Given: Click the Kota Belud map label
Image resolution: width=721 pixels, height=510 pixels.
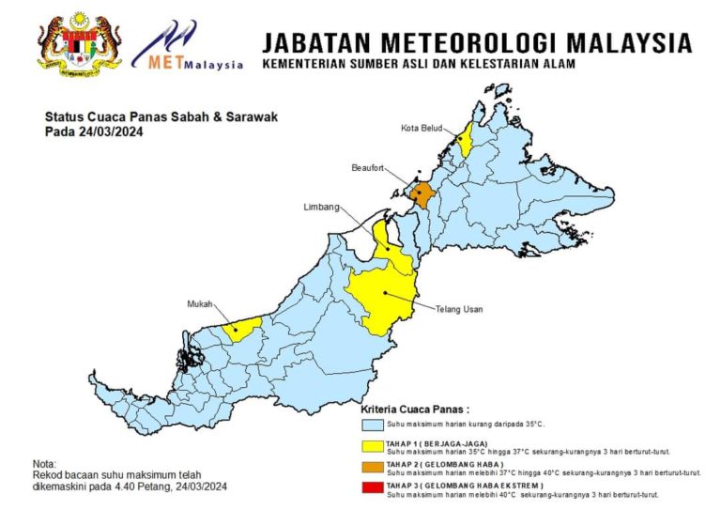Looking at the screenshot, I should (x=421, y=128).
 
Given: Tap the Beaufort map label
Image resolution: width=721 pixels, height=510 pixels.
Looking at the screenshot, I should (x=369, y=168).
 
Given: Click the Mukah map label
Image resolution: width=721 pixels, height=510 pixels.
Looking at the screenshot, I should (x=198, y=304).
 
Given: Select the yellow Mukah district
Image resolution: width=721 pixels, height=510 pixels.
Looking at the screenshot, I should (x=245, y=328).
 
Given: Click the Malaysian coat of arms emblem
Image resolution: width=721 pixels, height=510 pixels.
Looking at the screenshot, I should (x=79, y=43).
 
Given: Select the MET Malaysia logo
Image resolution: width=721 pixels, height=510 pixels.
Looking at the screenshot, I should (x=187, y=47).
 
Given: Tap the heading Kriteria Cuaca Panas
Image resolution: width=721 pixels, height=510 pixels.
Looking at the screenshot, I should (x=415, y=410).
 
